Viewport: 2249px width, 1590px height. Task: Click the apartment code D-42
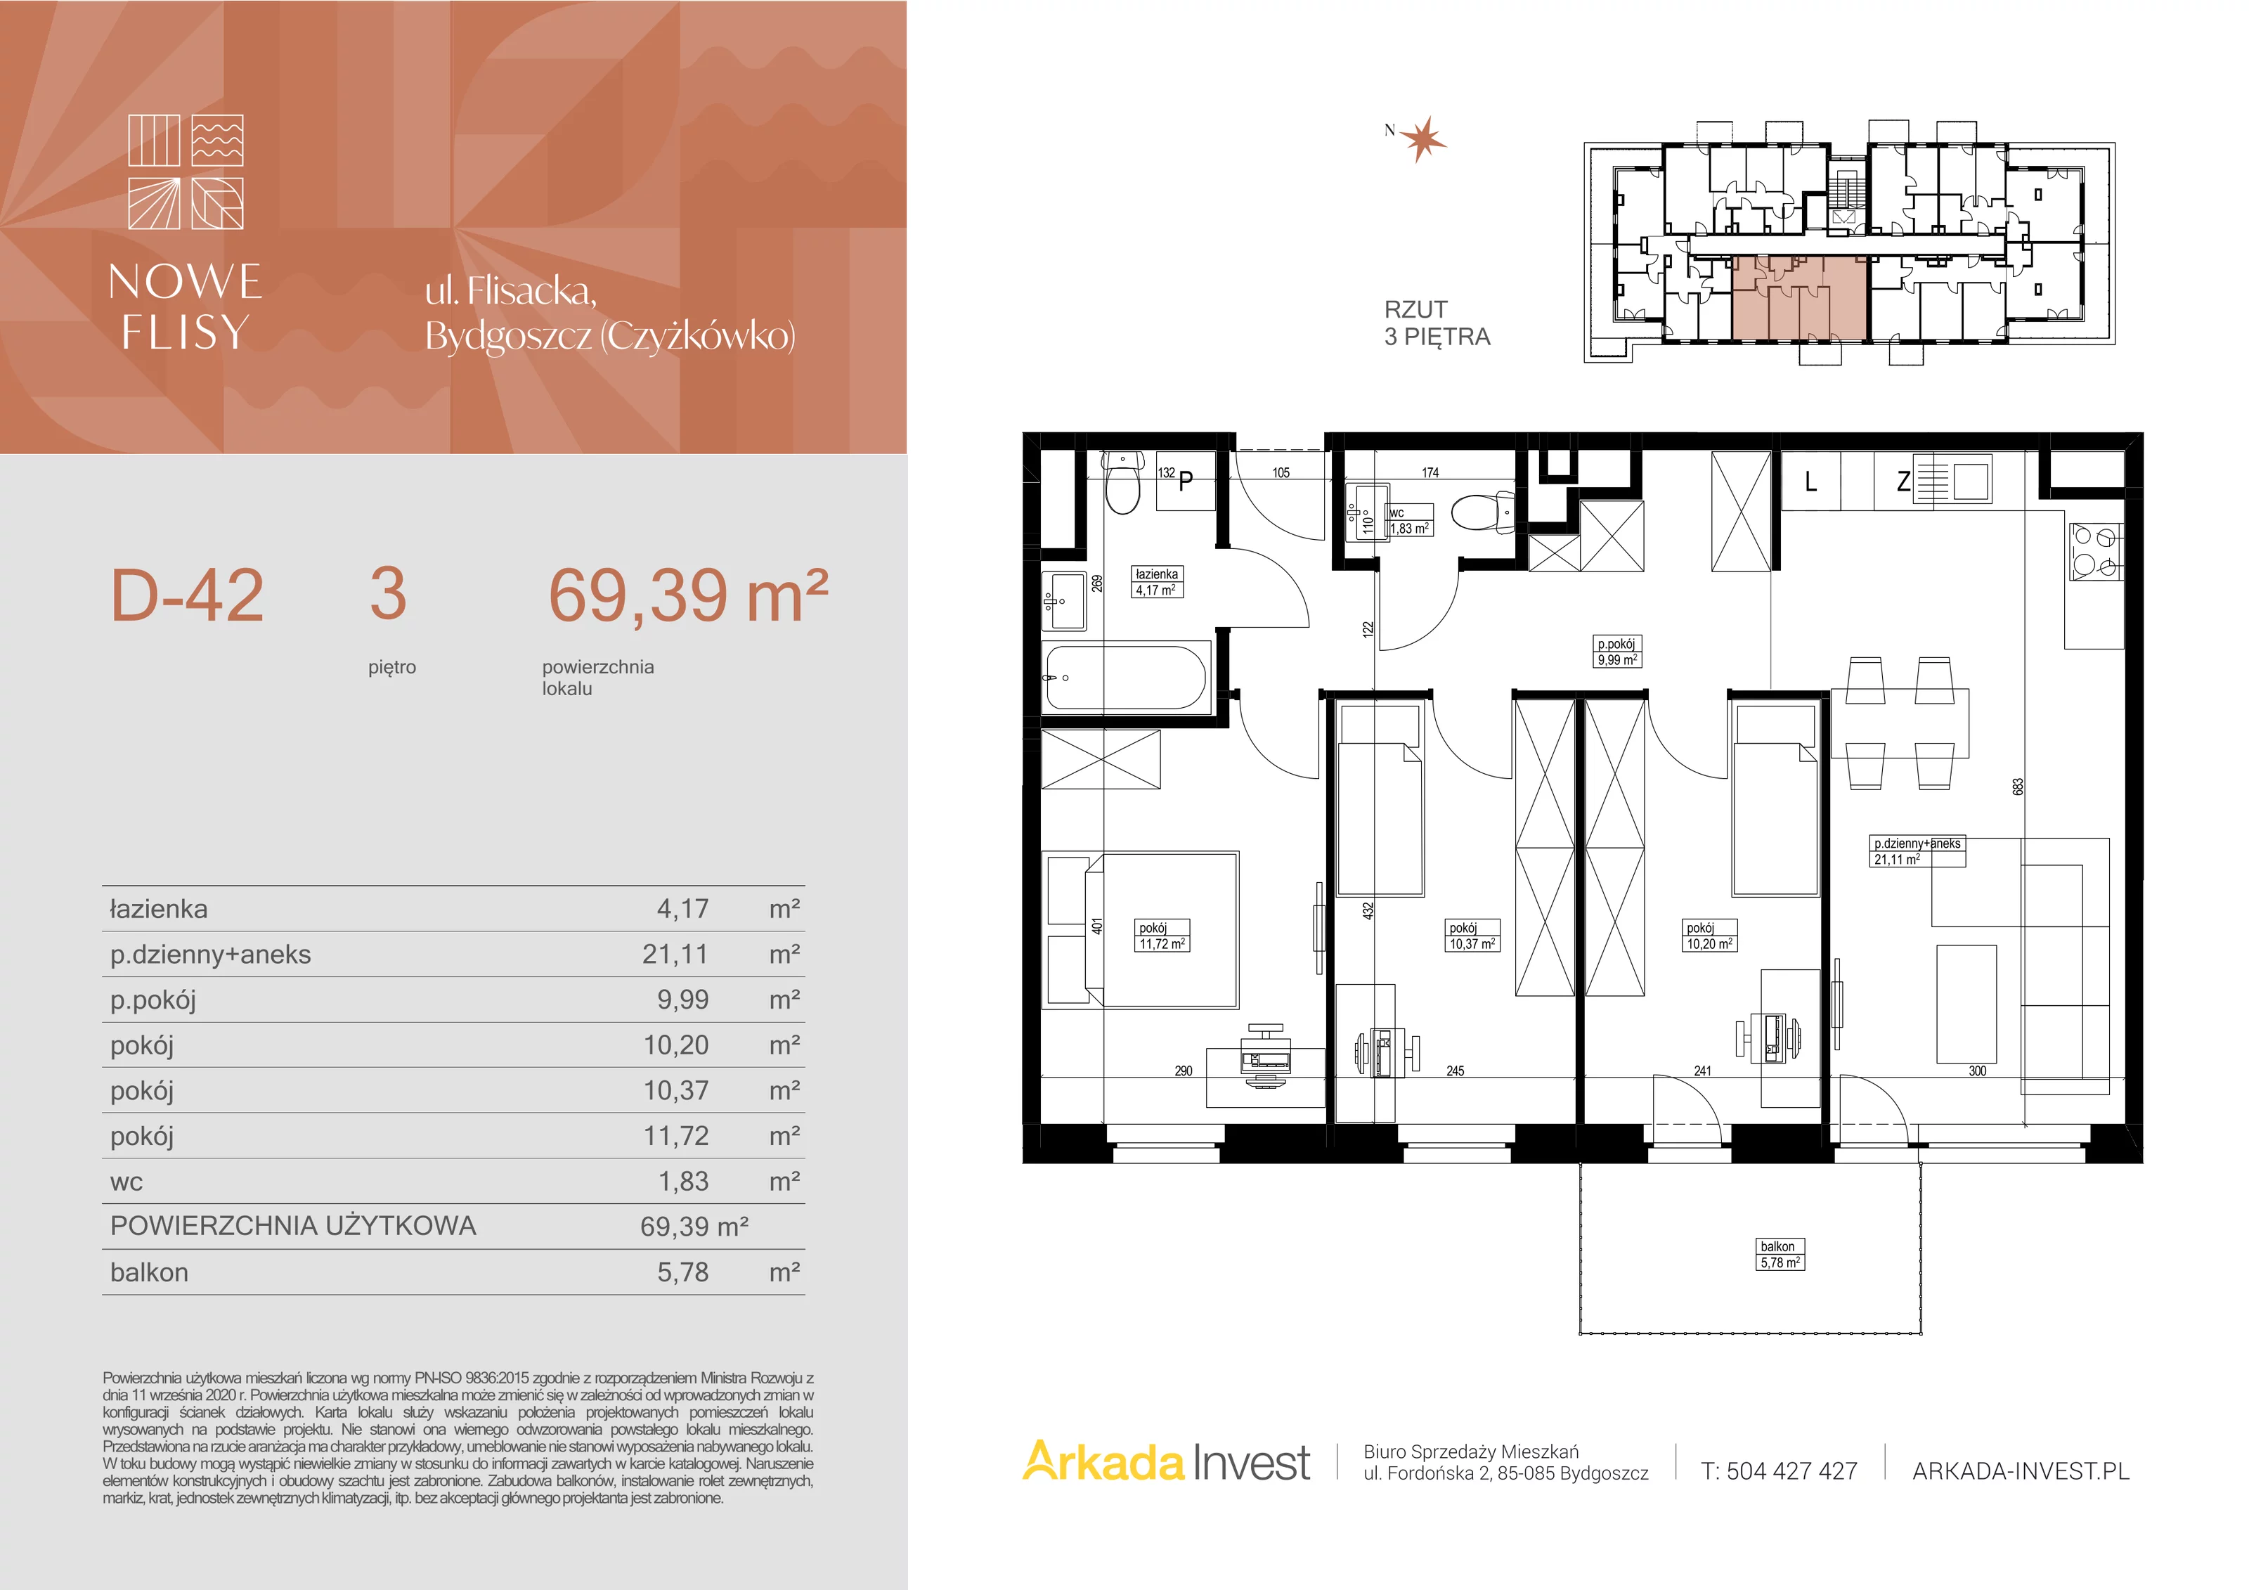(187, 595)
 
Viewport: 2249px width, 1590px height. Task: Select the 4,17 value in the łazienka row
(682, 909)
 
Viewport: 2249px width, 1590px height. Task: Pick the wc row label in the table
(127, 1182)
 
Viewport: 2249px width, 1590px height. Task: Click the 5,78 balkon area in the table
(682, 1272)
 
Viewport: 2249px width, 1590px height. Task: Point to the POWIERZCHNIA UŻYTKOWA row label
(293, 1226)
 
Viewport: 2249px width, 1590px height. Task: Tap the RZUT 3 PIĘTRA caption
(1437, 323)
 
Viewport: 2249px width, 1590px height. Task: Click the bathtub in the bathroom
(1127, 676)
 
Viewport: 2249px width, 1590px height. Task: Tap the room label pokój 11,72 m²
(1162, 936)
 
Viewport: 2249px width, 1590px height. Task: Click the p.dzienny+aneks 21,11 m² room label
(1918, 851)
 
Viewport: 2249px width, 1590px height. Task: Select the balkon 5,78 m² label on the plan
(1780, 1255)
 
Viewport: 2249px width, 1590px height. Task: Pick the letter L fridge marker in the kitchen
(1810, 481)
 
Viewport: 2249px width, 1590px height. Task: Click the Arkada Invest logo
(1166, 1463)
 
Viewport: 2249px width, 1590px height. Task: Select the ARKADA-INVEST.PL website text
(2021, 1471)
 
